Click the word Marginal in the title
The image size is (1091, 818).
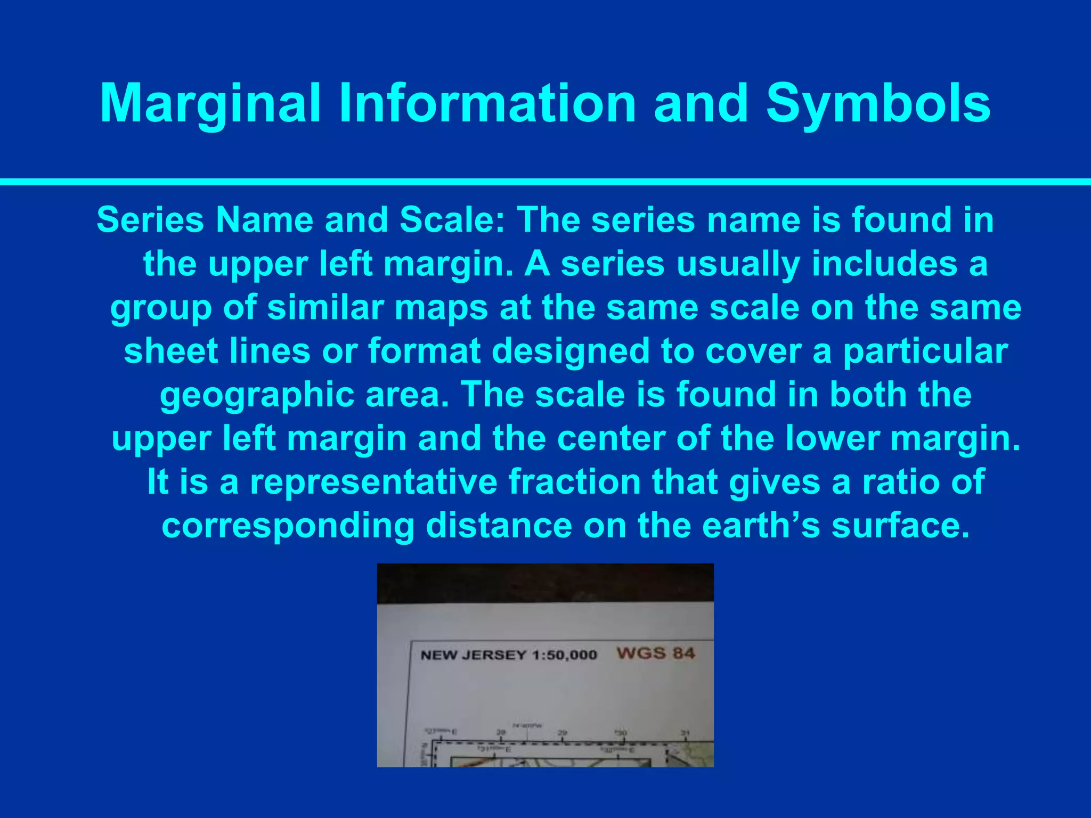210,104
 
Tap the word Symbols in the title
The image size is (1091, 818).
878,104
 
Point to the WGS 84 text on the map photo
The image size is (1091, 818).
655,653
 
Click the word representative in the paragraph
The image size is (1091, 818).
373,482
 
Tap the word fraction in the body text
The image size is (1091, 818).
574,482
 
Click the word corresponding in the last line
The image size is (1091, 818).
288,526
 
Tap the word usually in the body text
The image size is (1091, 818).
738,264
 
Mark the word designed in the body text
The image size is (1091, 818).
571,351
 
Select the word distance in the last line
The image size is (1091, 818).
499,526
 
